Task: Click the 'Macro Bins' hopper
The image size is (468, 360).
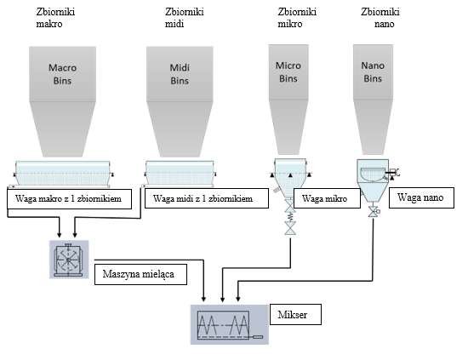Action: [62, 101]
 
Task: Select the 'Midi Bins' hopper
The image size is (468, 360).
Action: [180, 101]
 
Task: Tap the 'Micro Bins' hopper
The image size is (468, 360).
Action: [288, 100]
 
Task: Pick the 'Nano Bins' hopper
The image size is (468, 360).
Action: [373, 100]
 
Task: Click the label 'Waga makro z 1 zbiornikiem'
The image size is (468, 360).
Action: [69, 199]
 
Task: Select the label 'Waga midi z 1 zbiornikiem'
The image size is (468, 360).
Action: [207, 198]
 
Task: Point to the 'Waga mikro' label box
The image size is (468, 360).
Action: [327, 198]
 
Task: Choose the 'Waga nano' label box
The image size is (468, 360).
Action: [421, 197]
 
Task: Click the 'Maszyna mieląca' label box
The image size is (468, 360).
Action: [140, 274]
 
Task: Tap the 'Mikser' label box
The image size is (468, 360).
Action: [295, 314]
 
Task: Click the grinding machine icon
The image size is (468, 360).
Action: [69, 260]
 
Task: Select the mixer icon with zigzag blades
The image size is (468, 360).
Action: [230, 325]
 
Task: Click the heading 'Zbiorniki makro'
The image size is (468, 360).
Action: [55, 18]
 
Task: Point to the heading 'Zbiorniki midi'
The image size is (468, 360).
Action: [185, 18]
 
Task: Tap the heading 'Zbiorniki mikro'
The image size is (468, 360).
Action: [297, 18]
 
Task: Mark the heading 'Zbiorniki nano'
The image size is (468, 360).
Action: [380, 18]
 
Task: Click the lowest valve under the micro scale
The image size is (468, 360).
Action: [290, 228]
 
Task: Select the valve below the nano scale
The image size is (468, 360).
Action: [373, 212]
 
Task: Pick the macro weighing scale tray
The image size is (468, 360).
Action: [62, 174]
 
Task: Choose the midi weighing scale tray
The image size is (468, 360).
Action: [180, 174]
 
